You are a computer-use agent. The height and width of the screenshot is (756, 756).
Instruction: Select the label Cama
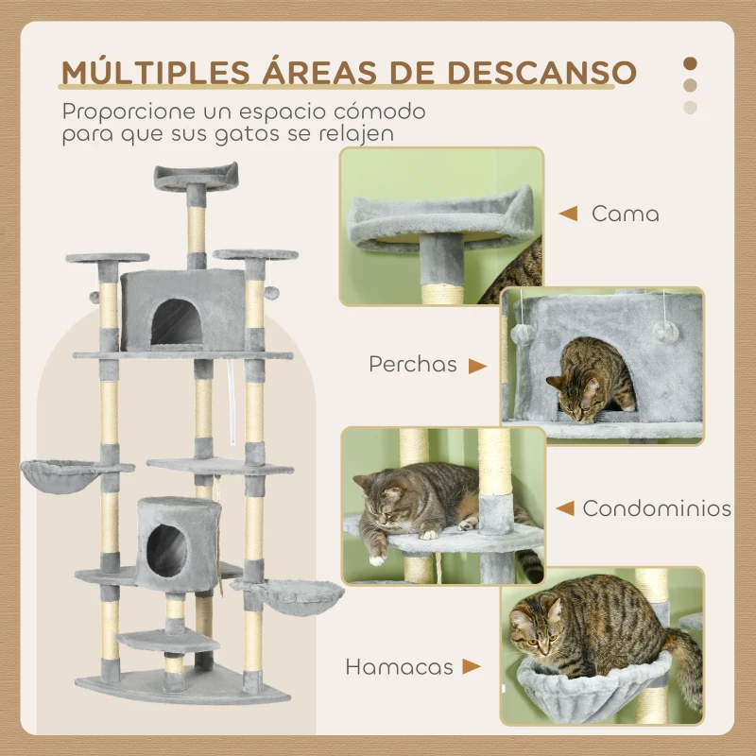coord(625,214)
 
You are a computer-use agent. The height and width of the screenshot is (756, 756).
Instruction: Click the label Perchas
coord(413,365)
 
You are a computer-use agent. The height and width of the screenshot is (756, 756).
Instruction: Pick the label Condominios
coord(657,508)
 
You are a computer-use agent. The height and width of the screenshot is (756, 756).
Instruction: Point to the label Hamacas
coord(398,667)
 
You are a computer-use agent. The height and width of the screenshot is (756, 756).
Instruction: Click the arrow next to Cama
coord(568,214)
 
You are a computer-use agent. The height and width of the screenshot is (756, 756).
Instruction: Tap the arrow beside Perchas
coord(477,365)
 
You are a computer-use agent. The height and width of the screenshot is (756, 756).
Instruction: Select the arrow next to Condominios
coord(565,508)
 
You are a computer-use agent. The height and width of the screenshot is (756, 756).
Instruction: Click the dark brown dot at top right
coord(690,63)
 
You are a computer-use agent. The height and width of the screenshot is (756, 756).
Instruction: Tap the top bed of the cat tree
coord(196,174)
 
